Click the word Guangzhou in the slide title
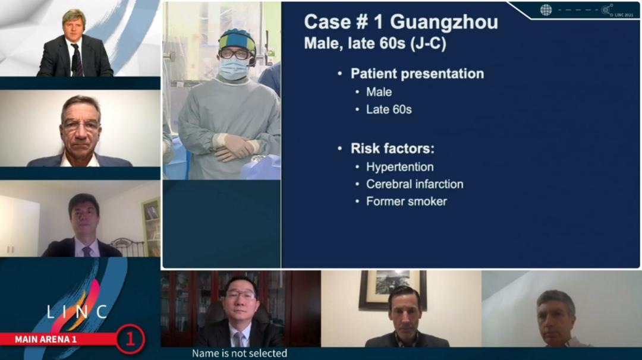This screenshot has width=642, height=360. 444,22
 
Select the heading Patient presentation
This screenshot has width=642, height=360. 417,74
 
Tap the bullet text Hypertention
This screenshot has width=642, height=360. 399,167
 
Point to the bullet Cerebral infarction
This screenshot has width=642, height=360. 415,184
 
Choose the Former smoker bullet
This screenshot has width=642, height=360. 407,201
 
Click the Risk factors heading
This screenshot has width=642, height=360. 392,149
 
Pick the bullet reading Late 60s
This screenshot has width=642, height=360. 389,110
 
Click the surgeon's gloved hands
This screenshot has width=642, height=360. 235,147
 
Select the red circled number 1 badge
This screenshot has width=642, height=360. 130,339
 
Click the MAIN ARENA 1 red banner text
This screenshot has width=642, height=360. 45,340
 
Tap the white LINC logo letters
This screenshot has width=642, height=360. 77,312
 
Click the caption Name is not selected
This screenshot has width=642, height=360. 240,353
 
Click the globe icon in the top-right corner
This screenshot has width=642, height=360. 546,10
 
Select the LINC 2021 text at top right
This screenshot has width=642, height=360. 624,15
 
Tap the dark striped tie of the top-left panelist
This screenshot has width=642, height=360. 77,60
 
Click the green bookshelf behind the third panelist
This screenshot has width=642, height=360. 151,227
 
